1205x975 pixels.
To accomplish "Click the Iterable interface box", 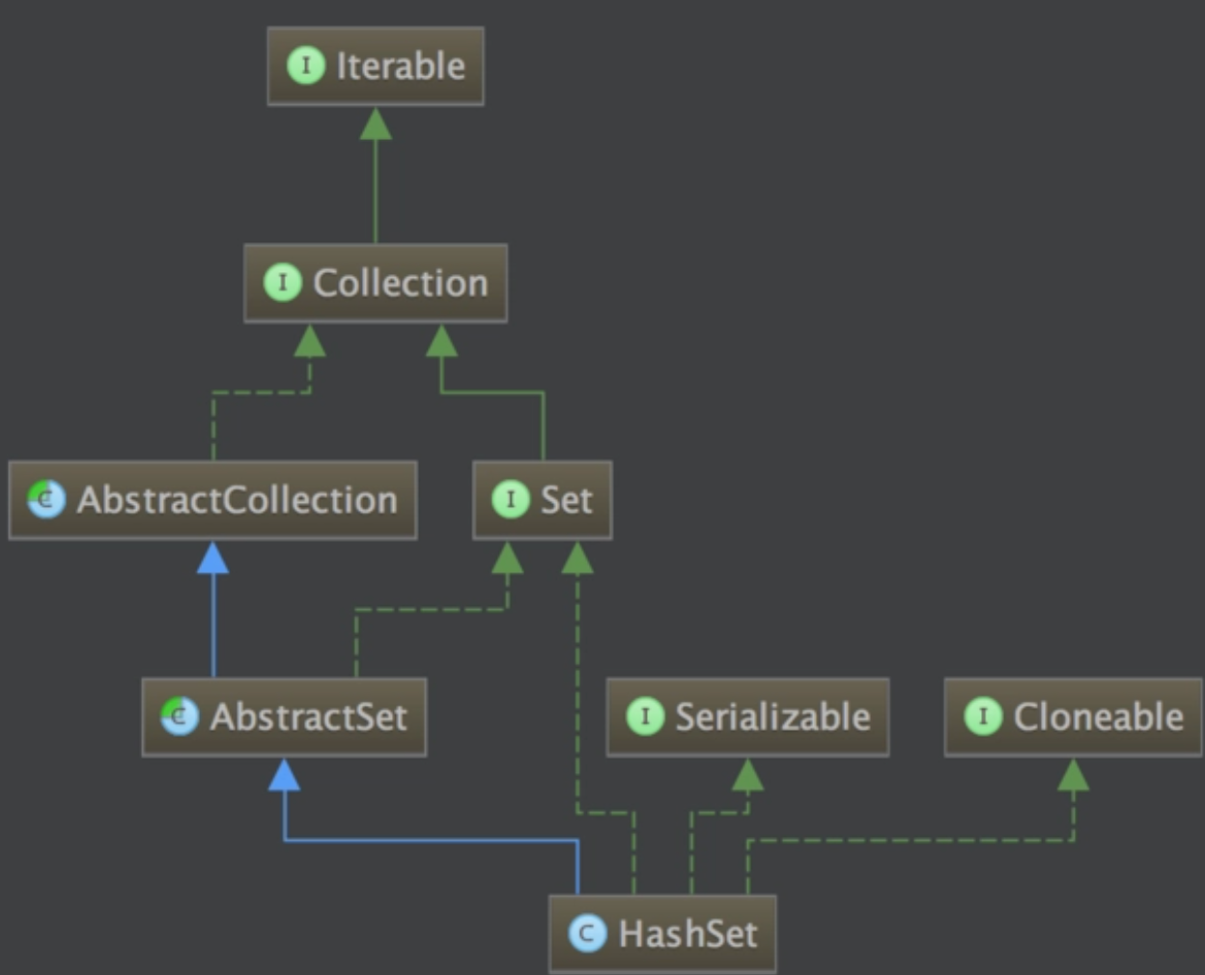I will (x=376, y=67).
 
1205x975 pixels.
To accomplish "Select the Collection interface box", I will (x=376, y=283).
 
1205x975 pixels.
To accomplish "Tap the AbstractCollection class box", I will (x=213, y=500).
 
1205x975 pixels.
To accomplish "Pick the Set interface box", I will (x=542, y=500).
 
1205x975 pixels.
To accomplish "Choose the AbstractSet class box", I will (x=284, y=716).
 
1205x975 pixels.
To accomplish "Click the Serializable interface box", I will (x=747, y=716).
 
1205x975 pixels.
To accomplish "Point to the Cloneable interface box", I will (x=1073, y=716).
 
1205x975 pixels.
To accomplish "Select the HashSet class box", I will (x=662, y=933).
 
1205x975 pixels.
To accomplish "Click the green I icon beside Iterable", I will (x=306, y=66).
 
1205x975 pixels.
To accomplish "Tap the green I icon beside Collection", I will (x=283, y=283).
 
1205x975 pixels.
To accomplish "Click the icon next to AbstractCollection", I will (x=46, y=499).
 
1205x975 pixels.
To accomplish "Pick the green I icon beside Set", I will (x=511, y=499).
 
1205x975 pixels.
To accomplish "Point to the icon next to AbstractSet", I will (x=180, y=716).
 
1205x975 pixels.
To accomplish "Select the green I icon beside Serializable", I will (x=645, y=716).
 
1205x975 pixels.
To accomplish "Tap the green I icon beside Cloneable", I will (x=983, y=716).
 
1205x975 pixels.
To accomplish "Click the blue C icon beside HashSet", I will (x=587, y=933).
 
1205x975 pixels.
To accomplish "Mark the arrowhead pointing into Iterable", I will (x=376, y=124).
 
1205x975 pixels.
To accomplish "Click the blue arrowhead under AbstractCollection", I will (x=213, y=558).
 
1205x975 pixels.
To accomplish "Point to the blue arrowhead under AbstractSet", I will (x=284, y=774).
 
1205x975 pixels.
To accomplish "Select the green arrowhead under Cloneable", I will (x=1073, y=774).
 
